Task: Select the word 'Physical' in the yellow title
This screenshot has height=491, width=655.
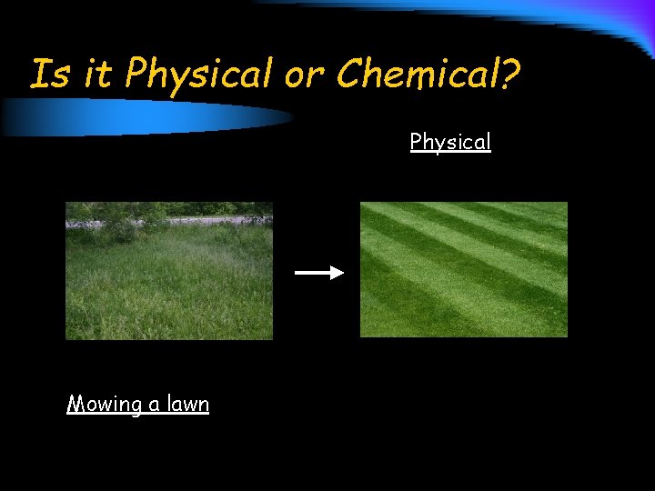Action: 199,75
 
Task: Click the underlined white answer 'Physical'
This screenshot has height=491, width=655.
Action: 450,142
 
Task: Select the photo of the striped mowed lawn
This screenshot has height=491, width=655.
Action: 464,269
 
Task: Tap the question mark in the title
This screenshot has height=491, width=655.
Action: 510,75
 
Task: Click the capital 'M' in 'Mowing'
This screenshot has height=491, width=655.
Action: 76,405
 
